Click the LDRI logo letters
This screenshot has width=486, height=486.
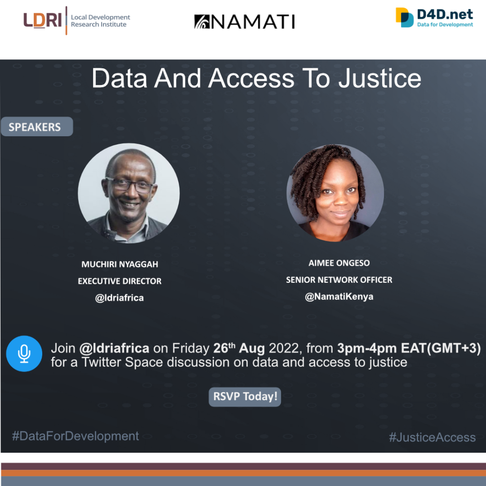point(42,20)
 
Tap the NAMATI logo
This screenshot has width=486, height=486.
point(244,22)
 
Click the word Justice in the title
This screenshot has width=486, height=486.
point(380,79)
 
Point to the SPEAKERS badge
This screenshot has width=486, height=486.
point(37,126)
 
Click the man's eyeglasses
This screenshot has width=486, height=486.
point(130,185)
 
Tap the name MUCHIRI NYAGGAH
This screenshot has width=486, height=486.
point(120,264)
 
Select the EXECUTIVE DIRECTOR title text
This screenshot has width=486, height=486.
point(120,281)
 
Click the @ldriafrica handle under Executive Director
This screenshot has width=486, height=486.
point(119,298)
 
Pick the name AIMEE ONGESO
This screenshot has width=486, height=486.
point(339,263)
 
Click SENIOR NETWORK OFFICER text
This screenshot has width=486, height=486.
point(339,280)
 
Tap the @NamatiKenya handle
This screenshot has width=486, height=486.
point(339,297)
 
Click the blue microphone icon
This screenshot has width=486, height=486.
point(24,354)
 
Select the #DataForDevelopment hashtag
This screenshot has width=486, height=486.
point(75,436)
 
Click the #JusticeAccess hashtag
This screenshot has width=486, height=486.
point(432,437)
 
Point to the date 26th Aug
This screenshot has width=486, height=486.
point(239,348)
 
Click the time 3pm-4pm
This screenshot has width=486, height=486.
point(367,348)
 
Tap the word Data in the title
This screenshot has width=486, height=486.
point(119,79)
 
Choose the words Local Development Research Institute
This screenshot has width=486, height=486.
point(101,21)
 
